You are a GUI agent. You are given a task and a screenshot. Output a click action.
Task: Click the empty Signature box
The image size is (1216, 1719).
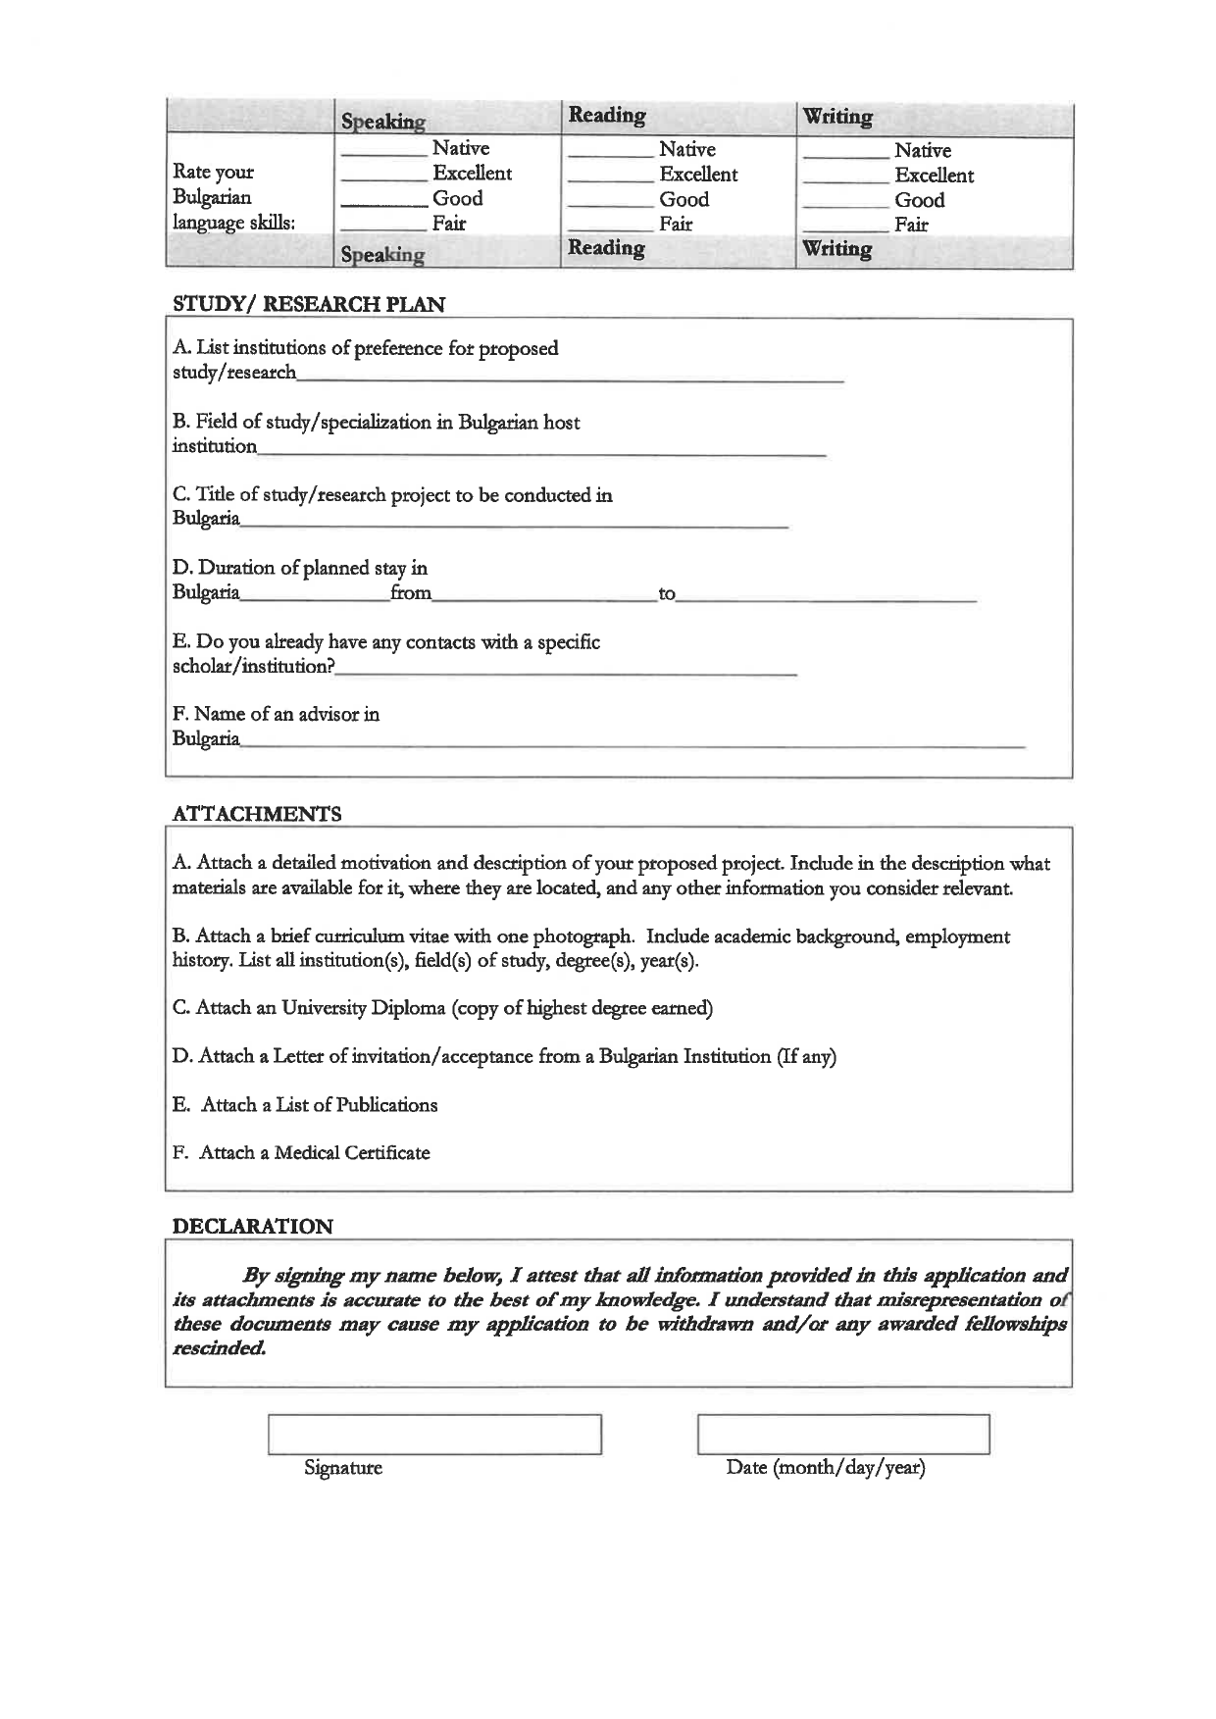pos(434,1434)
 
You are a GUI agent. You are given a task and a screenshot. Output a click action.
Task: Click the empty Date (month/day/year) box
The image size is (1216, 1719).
pos(843,1434)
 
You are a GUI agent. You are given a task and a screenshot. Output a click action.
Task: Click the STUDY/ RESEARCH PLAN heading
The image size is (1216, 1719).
pos(309,304)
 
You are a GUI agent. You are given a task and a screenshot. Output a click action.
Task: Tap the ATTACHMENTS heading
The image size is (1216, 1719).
pos(257,814)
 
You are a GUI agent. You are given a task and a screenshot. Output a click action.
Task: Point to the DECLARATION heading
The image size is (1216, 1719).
pos(253,1226)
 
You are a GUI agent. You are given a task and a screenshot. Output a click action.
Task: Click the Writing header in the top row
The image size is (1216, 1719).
pos(837,117)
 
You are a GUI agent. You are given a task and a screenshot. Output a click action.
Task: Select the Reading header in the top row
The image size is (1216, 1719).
pos(607,116)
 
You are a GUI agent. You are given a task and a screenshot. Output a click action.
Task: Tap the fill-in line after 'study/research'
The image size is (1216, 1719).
pos(569,378)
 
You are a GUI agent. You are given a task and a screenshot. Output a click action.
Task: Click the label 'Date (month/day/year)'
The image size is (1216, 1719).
pos(826,1468)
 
